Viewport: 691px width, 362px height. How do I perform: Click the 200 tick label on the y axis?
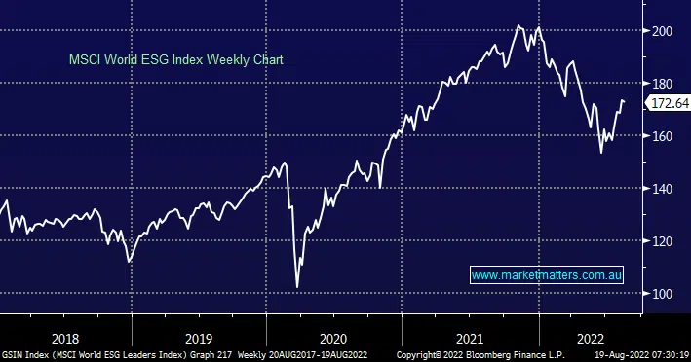tap(665, 31)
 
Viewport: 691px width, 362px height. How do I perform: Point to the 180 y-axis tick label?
tap(665, 84)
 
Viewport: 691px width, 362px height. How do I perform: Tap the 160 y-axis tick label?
tap(665, 136)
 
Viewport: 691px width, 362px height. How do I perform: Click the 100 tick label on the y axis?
tap(665, 294)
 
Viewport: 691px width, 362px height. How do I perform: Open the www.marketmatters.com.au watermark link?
tap(546, 276)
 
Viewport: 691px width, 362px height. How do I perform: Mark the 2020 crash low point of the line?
tap(297, 287)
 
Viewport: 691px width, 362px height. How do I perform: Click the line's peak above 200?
tap(518, 25)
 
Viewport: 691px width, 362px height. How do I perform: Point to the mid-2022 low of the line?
tap(600, 153)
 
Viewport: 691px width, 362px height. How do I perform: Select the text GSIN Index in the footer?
tap(24, 354)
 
